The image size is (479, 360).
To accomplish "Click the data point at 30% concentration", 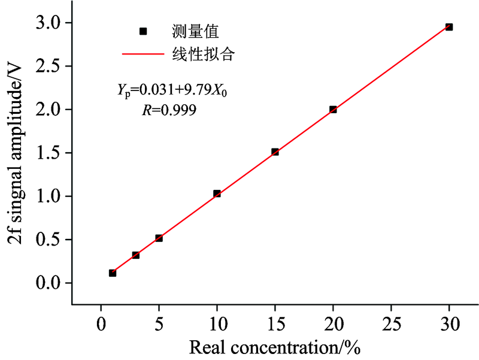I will tap(449, 27).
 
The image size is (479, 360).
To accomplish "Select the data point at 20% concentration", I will tap(333, 110).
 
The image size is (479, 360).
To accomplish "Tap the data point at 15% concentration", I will tap(275, 152).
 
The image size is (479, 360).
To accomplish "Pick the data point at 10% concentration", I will tap(217, 193).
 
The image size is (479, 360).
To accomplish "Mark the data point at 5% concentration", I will tap(159, 238).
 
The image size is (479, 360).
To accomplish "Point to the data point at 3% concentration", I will tap(135, 255).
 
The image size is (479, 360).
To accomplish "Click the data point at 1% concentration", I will tap(113, 273).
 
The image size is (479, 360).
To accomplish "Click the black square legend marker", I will tap(143, 31).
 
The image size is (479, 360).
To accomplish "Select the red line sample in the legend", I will tap(143, 55).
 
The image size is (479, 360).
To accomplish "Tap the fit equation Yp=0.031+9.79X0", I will tap(172, 91).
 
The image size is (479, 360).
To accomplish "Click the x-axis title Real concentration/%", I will tap(275, 347).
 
